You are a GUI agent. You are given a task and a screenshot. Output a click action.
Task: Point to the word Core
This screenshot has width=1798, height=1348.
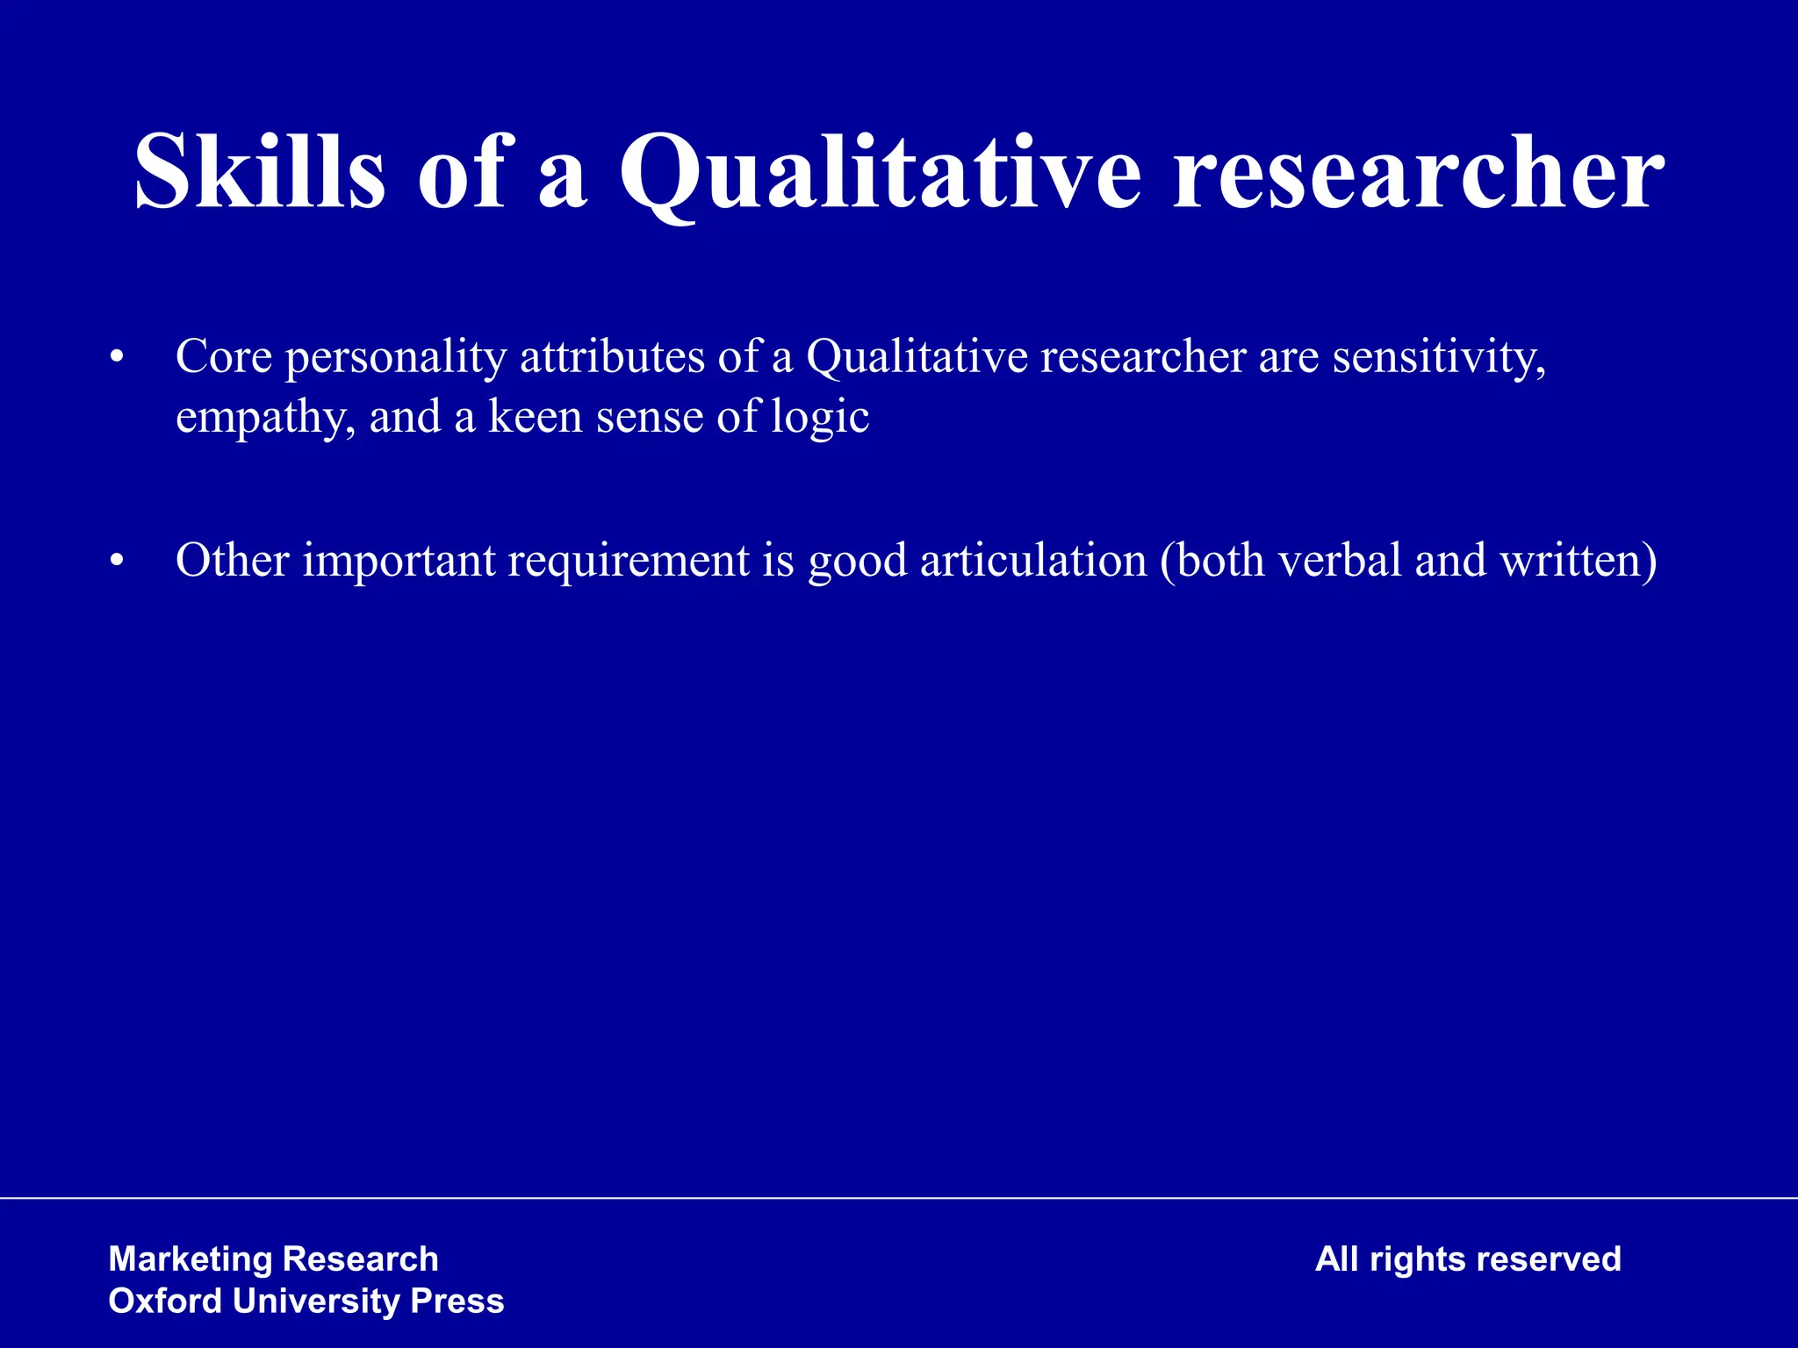[223, 357]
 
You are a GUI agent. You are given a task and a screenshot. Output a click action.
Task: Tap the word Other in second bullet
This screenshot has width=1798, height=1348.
[232, 561]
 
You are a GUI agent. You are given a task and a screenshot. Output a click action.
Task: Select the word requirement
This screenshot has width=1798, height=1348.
[629, 563]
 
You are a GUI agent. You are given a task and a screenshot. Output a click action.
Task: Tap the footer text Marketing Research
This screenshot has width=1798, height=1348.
[273, 1259]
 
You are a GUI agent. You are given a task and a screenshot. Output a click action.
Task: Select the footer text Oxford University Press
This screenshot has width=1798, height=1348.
[306, 1301]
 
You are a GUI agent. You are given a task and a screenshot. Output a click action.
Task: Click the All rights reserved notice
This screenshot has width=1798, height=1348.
[1467, 1259]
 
